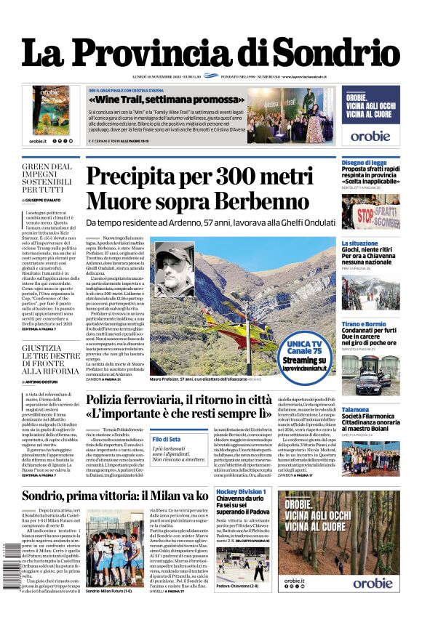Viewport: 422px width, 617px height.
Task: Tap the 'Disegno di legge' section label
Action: (x=364, y=163)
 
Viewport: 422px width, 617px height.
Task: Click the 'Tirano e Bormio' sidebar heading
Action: (x=364, y=324)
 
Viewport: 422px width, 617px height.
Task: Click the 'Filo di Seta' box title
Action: (x=167, y=439)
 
